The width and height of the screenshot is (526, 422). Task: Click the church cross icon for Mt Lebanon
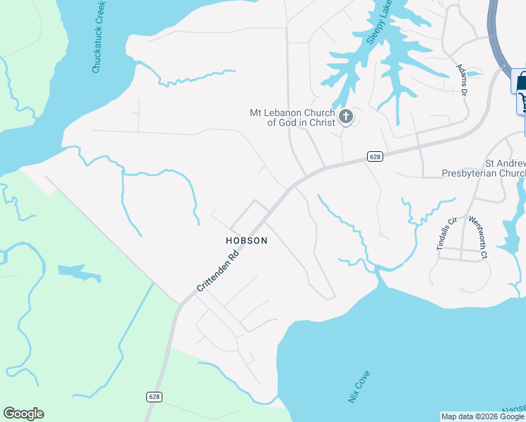345,116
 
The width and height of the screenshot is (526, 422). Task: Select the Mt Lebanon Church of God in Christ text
292,117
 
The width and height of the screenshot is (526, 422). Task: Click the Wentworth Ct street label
479,237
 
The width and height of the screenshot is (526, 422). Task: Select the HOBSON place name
247,241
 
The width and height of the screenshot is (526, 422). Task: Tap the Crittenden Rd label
217,271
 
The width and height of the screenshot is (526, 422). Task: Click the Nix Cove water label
359,388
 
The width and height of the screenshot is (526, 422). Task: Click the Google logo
23,414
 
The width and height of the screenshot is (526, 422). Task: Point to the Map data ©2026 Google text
482,416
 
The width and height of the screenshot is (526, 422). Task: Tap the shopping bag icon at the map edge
520,82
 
